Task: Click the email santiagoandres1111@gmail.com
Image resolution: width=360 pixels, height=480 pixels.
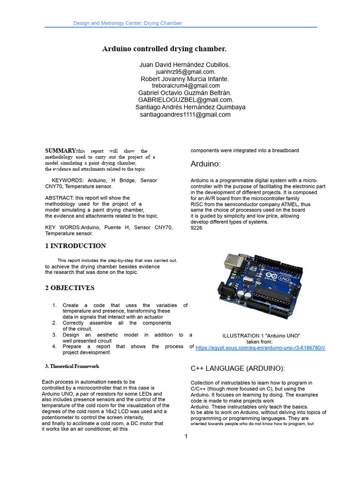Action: coord(185,114)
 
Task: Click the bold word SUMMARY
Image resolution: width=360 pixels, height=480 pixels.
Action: coord(61,150)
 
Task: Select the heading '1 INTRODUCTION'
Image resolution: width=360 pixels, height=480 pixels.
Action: coord(75,246)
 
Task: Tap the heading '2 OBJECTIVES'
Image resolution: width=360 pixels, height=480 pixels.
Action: coord(70,288)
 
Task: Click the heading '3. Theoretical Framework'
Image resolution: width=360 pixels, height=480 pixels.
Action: coord(72,366)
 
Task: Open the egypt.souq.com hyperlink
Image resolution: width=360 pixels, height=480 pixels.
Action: coord(260,348)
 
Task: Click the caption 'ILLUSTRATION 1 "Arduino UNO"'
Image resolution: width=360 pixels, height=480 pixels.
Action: coord(261,336)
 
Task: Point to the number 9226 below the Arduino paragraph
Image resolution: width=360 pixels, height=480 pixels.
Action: coord(196,228)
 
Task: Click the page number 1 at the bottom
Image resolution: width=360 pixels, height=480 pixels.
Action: coord(186,437)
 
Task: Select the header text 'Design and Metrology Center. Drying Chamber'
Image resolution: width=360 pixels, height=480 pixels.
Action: coord(127,23)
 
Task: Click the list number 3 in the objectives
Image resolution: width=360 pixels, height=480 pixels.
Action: coord(54,335)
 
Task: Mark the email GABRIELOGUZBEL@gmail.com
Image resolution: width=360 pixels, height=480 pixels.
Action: coord(185,100)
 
